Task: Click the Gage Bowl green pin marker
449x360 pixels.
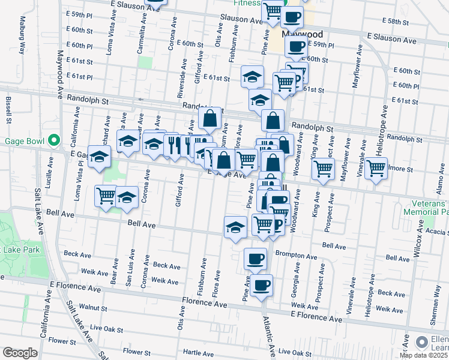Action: click(54, 141)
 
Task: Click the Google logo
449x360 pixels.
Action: click(19, 353)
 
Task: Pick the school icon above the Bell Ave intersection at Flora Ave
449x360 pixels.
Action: click(235, 227)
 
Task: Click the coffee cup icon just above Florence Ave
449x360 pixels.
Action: click(261, 285)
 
